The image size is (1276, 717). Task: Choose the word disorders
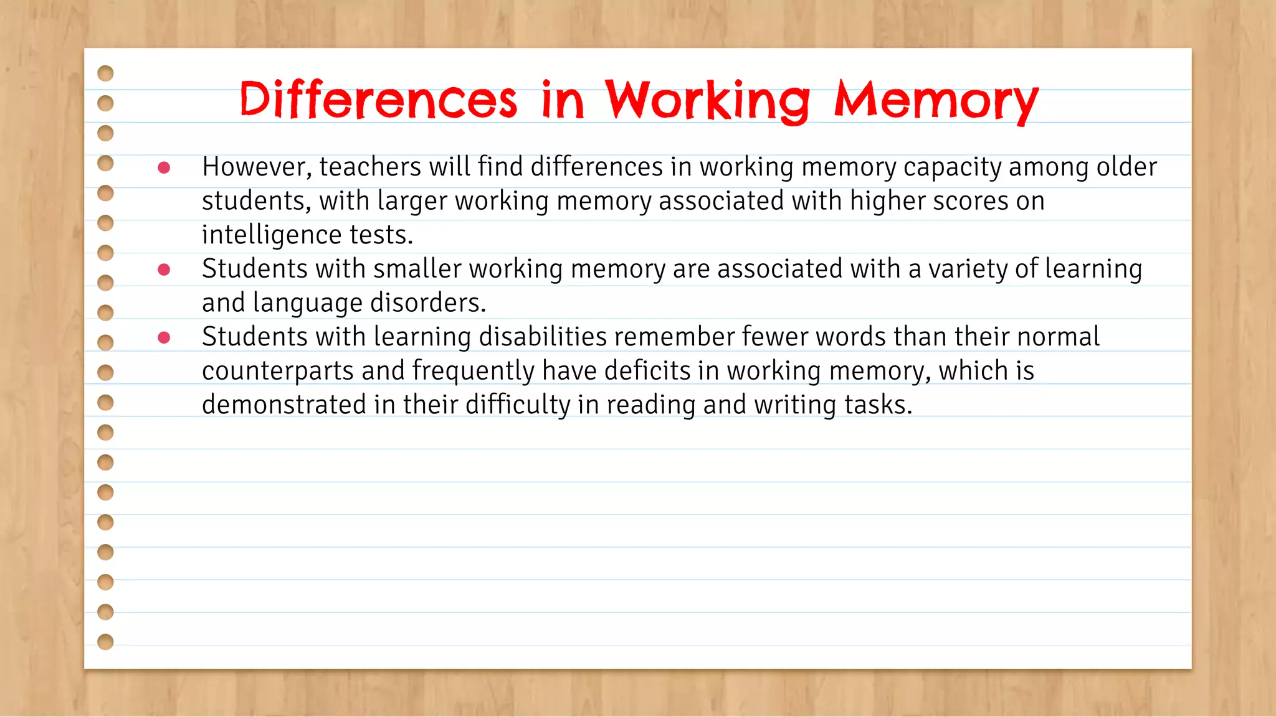[428, 303]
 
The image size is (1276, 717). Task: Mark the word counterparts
[278, 371]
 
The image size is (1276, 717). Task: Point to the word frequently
[473, 371]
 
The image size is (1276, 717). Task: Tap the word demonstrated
[284, 405]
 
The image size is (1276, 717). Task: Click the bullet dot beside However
[164, 167]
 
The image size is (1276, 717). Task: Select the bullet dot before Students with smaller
[164, 269]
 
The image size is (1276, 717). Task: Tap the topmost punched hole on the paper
[106, 73]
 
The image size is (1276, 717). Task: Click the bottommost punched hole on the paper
[106, 642]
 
